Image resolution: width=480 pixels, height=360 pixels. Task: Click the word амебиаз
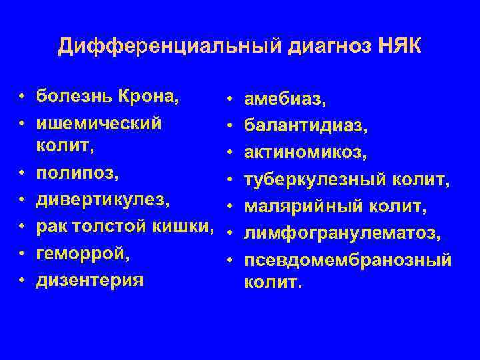pyautogui.click(x=285, y=101)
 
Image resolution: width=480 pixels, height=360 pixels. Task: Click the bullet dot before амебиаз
pyautogui.click(x=230, y=101)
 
